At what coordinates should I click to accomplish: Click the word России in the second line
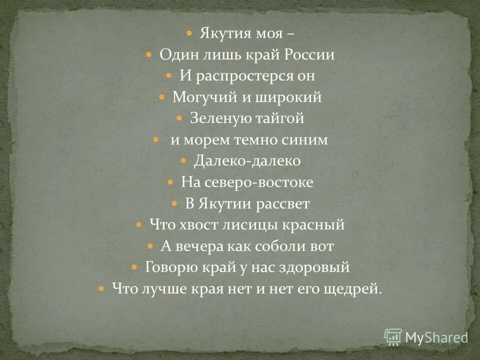tap(310, 55)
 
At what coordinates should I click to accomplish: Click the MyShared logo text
tap(436, 337)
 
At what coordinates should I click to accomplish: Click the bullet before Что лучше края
tap(101, 289)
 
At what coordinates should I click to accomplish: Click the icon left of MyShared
tap(393, 337)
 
